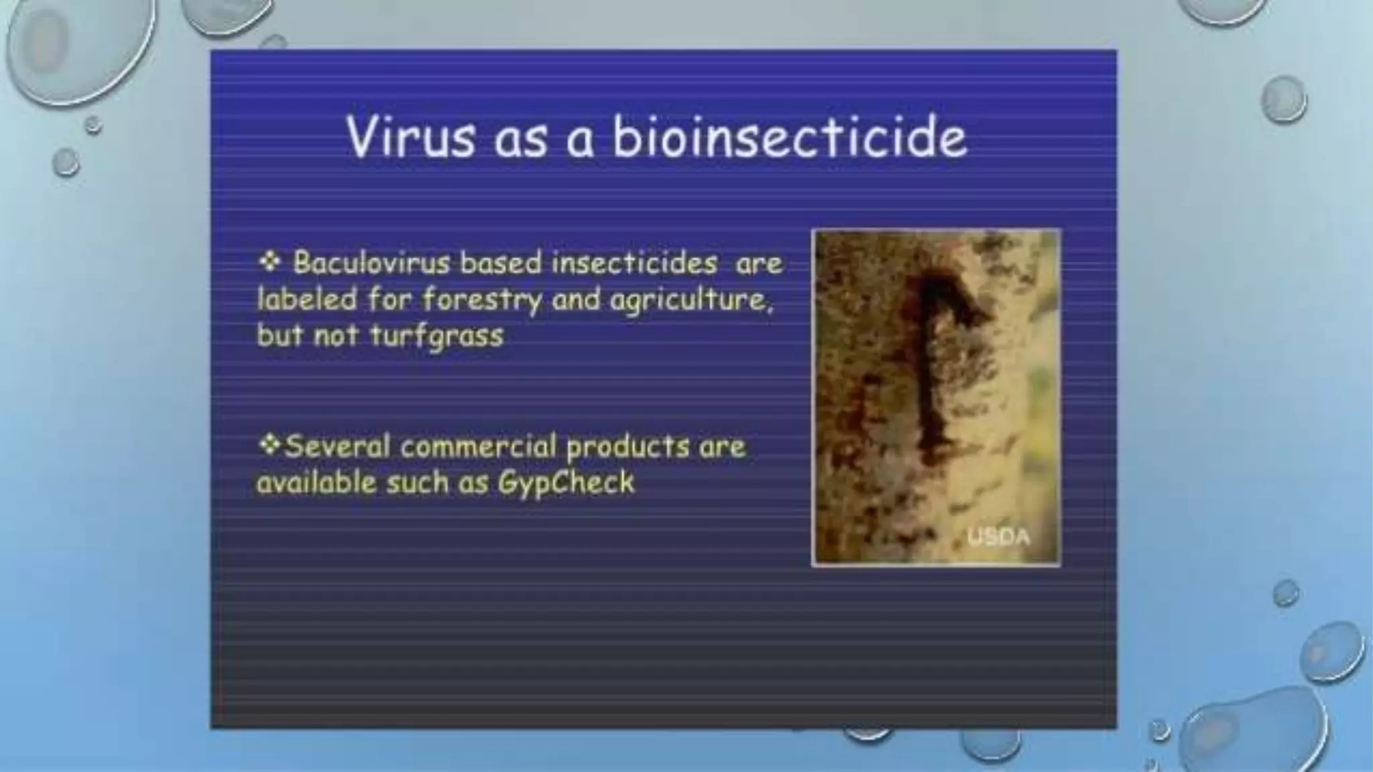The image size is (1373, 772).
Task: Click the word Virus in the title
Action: (410, 137)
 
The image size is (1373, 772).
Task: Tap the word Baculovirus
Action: (371, 263)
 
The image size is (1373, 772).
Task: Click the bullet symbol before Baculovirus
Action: (270, 261)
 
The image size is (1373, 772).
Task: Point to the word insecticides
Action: (634, 263)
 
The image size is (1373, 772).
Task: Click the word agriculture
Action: (691, 300)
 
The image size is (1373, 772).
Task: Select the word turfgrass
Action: (436, 335)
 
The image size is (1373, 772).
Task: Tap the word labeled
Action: (307, 299)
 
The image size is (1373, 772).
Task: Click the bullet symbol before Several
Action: (270, 445)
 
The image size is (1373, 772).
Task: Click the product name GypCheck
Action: (566, 482)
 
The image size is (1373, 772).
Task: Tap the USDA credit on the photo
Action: (999, 537)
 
